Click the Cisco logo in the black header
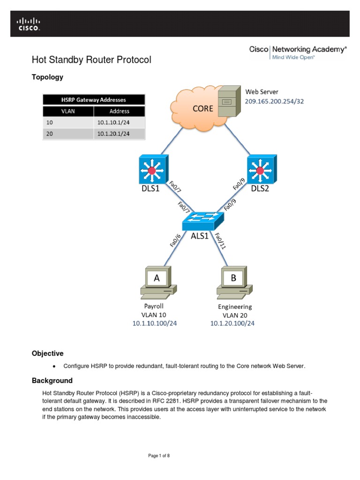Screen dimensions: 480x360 click(x=29, y=24)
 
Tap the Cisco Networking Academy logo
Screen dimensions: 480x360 click(x=298, y=52)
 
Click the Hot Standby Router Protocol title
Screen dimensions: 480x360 click(x=91, y=60)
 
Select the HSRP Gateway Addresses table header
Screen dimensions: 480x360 click(x=94, y=100)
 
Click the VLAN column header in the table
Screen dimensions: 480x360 click(x=68, y=112)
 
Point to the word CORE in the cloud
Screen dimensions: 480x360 click(x=203, y=108)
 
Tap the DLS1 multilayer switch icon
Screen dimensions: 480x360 click(x=153, y=170)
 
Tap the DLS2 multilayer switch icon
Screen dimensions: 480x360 click(x=261, y=170)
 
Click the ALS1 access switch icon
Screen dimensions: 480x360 click(x=202, y=220)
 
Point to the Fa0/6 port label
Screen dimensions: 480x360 click(x=175, y=240)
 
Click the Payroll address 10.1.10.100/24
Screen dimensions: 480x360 click(x=154, y=323)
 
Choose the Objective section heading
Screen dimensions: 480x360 click(x=47, y=353)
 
